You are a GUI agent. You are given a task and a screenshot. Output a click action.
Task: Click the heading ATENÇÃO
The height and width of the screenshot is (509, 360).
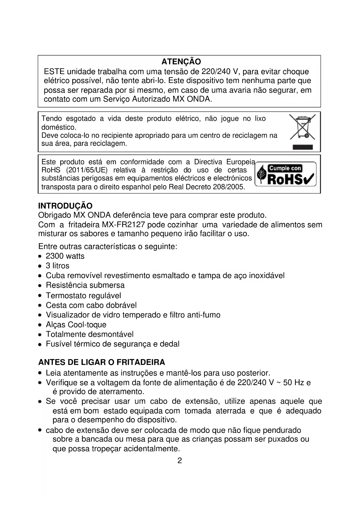(181, 62)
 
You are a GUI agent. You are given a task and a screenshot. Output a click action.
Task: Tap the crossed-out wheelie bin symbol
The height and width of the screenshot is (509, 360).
(302, 127)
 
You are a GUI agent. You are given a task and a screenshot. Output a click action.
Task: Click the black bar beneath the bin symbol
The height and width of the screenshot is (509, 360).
(303, 147)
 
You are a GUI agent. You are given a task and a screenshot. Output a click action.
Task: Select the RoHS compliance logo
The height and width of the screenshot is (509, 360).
(285, 174)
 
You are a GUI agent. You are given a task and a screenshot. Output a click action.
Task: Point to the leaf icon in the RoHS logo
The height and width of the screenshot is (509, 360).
(262, 174)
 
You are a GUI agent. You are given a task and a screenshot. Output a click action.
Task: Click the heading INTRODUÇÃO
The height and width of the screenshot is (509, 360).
(65, 206)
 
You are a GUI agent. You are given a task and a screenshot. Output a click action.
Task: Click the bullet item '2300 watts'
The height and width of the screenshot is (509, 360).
(65, 256)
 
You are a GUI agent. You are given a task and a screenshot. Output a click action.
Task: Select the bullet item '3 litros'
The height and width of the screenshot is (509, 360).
(57, 266)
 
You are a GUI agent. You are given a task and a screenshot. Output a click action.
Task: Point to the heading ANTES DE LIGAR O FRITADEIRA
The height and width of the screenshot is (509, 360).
(102, 362)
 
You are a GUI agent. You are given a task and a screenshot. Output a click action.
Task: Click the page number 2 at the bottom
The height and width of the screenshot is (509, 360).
(180, 461)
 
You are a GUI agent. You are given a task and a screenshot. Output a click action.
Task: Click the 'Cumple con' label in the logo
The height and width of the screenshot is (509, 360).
(285, 168)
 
